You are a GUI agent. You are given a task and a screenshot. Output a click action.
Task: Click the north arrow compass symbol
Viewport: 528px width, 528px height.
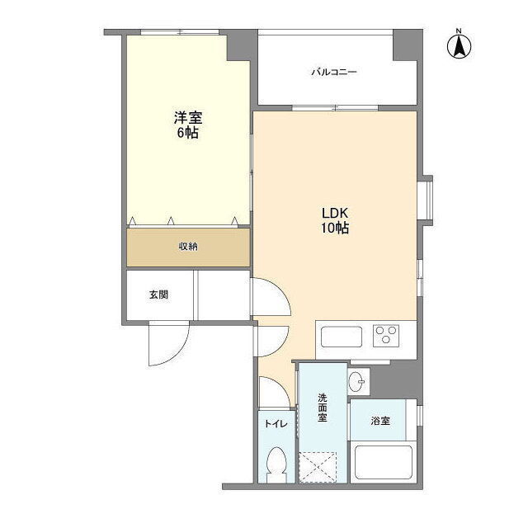[x=459, y=45]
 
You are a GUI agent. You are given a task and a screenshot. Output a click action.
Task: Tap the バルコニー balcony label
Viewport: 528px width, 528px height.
[x=333, y=72]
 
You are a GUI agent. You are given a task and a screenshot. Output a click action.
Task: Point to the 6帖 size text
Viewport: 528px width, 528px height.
[x=187, y=133]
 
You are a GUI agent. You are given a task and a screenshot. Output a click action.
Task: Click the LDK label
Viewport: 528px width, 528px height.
[x=334, y=213]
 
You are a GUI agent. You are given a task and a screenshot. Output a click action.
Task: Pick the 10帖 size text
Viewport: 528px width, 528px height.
[x=334, y=229]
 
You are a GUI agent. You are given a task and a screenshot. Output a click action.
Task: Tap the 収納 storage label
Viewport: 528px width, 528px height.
[x=188, y=247]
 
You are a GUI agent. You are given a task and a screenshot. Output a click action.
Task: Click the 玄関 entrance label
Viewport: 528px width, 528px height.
[x=158, y=295]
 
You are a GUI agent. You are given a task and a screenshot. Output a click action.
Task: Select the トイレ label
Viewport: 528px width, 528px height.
[x=276, y=423]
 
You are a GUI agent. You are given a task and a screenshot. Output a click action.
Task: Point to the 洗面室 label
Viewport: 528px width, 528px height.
[x=323, y=408]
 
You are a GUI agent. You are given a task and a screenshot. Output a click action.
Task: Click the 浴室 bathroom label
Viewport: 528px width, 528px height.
[x=380, y=421]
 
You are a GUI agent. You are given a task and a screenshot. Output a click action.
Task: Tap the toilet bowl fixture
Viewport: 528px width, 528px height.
[x=276, y=464]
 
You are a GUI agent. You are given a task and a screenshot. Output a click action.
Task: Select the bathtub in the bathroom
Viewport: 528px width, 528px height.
[x=384, y=462]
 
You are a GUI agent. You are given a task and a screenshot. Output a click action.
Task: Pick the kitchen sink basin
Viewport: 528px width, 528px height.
[x=342, y=337]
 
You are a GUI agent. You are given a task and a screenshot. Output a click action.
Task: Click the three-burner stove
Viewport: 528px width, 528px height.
[x=386, y=336]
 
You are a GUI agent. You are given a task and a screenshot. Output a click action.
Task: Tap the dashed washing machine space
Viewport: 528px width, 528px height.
[x=318, y=468]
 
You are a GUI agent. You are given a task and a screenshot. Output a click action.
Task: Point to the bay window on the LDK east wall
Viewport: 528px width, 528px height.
[x=427, y=200]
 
